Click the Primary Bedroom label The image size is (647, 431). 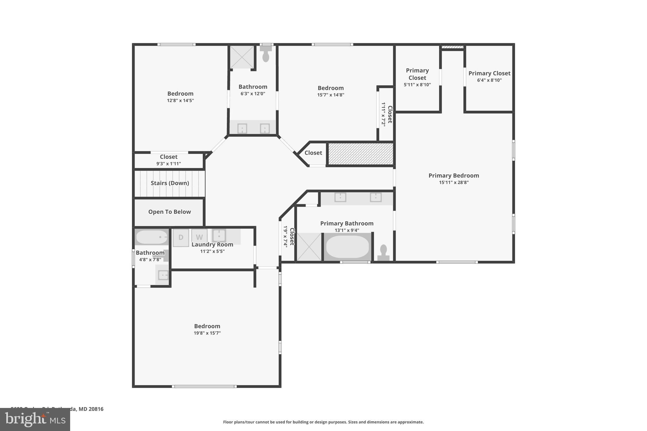453,176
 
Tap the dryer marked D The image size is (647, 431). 181,237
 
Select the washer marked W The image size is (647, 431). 199,237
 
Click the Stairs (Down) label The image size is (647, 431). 170,183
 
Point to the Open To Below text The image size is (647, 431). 169,212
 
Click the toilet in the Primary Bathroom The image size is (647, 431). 383,253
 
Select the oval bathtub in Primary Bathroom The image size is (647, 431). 347,247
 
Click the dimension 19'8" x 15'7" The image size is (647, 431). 207,333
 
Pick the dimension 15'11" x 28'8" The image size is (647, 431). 453,183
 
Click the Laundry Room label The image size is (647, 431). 212,244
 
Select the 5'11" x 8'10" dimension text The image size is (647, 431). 417,85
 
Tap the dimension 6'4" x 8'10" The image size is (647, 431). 489,80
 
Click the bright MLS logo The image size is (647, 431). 35,419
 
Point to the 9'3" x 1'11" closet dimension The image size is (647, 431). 168,164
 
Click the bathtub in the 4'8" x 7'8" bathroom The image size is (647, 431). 151,237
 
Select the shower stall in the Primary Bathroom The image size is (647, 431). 309,247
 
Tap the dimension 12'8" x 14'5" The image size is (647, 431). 180,100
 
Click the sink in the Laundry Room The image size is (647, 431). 219,235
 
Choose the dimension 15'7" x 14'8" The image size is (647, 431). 330,95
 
